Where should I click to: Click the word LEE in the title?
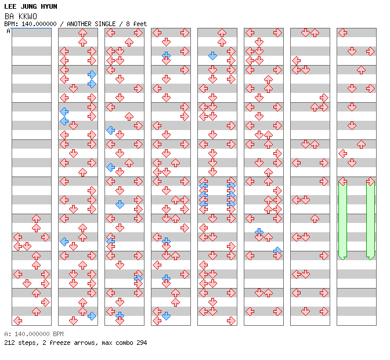[10, 6]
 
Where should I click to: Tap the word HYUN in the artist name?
[49, 6]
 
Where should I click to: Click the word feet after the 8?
[140, 24]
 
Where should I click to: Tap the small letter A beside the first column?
[8, 31]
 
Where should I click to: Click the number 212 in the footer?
[9, 343]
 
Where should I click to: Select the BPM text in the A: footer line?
[58, 334]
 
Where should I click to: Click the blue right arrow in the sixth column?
[277, 250]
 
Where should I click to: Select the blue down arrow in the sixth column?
[259, 232]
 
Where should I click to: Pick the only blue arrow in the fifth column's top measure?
[212, 56]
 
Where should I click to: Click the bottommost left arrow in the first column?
[17, 321]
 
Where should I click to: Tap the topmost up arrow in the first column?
[37, 219]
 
